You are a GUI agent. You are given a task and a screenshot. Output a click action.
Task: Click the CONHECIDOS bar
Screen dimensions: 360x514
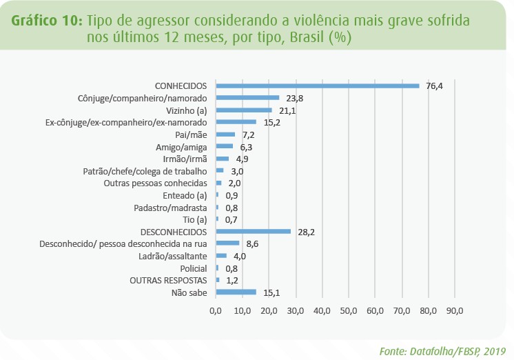(x=317, y=86)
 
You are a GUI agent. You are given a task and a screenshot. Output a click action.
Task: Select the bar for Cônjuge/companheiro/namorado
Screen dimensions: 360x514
(x=247, y=98)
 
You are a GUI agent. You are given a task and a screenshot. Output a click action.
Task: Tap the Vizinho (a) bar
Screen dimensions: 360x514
(x=244, y=110)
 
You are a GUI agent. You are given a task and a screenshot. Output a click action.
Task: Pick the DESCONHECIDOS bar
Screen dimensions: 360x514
(x=253, y=231)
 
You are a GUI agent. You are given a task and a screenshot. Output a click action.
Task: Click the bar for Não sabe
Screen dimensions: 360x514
(x=236, y=292)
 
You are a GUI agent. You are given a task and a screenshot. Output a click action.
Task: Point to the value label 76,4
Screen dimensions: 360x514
(x=434, y=86)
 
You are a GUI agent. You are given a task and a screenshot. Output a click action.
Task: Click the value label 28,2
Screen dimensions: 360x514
(x=306, y=232)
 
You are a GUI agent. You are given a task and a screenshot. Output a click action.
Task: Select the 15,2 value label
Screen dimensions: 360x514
(x=271, y=123)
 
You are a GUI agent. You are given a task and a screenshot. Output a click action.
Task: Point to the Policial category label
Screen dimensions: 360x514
(x=194, y=268)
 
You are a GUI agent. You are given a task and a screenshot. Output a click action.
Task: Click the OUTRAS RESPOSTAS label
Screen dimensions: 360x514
(x=168, y=280)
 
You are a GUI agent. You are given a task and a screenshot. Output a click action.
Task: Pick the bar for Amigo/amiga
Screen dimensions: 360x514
(x=224, y=146)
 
